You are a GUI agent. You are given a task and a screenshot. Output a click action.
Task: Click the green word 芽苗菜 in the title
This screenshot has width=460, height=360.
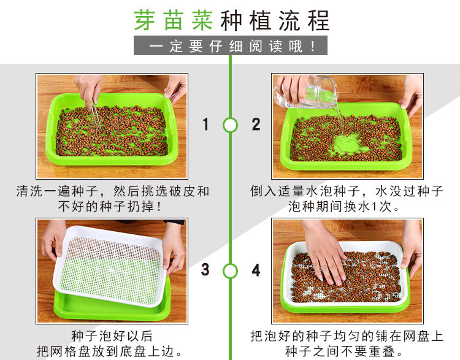tap(174, 20)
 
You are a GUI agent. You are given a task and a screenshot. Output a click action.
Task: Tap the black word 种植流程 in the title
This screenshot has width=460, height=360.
tap(275, 20)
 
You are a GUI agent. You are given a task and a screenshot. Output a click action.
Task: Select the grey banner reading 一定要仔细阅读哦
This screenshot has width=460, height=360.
tap(231, 45)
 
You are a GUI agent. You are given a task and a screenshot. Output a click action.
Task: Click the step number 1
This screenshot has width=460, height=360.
tap(205, 124)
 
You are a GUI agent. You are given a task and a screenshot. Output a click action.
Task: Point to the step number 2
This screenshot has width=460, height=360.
tap(256, 124)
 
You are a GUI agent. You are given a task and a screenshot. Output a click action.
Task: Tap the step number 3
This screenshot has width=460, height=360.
tap(205, 269)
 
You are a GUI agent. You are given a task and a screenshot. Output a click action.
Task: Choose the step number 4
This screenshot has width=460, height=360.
tap(256, 270)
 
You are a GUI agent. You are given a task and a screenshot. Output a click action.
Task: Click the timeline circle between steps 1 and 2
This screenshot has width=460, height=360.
tap(230, 125)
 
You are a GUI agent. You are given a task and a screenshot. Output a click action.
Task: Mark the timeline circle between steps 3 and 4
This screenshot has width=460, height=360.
tap(230, 270)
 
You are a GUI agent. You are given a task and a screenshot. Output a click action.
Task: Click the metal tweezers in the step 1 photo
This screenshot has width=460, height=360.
tap(96, 115)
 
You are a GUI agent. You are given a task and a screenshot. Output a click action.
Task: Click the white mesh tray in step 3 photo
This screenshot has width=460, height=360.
tap(110, 266)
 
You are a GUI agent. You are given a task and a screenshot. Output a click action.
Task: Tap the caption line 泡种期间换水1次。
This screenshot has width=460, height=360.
tap(344, 207)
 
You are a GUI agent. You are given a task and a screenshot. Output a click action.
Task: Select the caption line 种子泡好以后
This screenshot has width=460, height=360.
tap(112, 336)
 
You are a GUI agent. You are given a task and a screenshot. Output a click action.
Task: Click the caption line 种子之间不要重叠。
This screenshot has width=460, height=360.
tap(344, 351)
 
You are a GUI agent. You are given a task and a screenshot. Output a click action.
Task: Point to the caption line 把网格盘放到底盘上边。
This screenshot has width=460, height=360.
tap(110, 351)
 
